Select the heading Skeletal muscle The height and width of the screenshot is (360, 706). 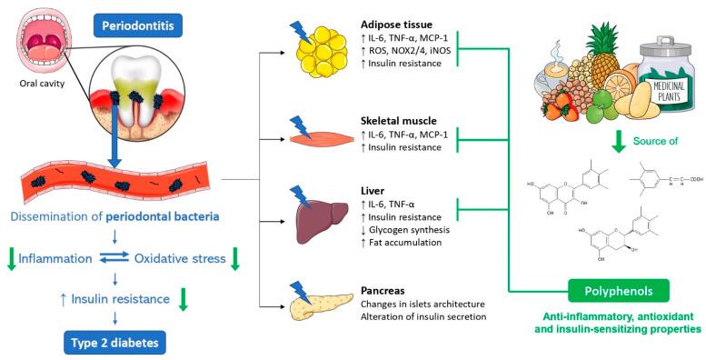click(x=396, y=119)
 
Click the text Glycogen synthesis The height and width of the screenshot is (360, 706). click(x=406, y=230)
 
